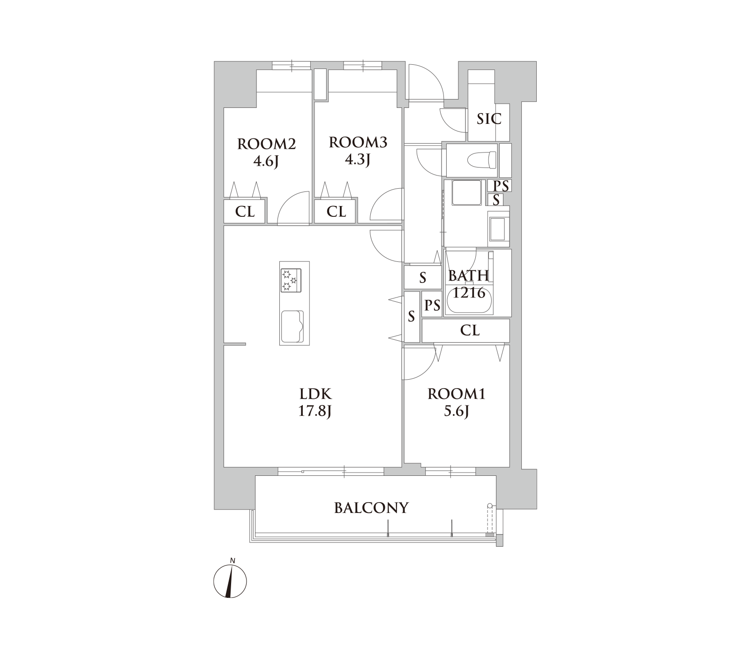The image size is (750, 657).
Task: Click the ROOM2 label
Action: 266,144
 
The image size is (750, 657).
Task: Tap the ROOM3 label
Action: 358,142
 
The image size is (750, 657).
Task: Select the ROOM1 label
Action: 456,394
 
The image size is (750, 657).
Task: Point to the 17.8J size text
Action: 315,411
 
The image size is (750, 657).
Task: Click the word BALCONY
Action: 372,508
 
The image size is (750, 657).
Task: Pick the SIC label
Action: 489,119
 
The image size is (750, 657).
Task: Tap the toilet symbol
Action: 482,160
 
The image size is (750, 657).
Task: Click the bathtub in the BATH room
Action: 469,300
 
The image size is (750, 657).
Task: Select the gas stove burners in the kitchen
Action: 291,281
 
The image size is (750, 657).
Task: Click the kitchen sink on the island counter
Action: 292,327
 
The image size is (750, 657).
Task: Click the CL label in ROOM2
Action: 245,212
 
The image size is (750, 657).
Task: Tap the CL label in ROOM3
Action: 336,212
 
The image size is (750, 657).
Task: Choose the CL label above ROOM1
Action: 470,330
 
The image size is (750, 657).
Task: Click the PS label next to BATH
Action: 432,306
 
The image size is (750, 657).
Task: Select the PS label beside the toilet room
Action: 501,186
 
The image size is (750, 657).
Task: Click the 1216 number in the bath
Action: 469,293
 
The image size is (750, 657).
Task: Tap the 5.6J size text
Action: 456,411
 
